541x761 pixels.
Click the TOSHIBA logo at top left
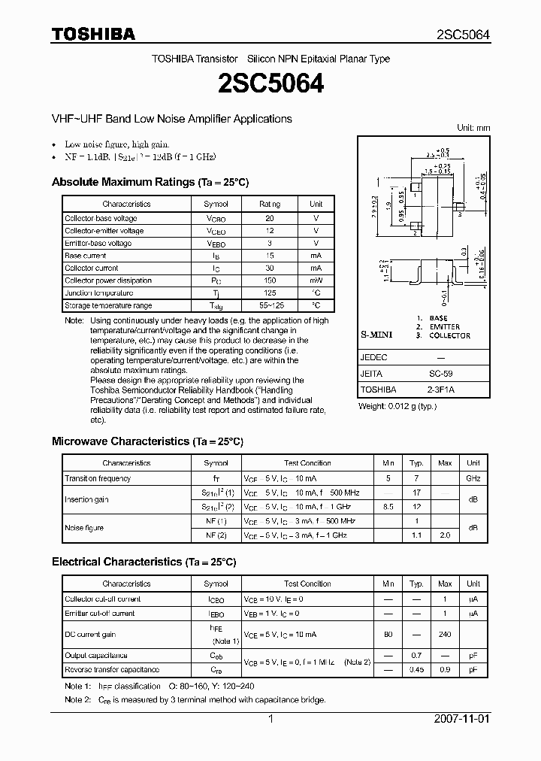point(93,34)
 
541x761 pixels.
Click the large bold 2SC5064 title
point(270,84)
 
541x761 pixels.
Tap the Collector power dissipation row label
point(108,280)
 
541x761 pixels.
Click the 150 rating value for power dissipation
point(270,280)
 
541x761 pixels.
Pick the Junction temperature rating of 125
point(270,293)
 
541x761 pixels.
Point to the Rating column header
point(270,204)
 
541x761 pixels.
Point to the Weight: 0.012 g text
point(397,407)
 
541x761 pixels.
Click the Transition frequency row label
point(98,478)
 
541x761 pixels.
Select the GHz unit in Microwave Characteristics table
point(473,478)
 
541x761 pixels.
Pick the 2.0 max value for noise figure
point(445,535)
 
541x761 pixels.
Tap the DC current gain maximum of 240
point(445,635)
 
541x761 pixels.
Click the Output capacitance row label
point(96,656)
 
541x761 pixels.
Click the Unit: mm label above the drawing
point(473,128)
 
